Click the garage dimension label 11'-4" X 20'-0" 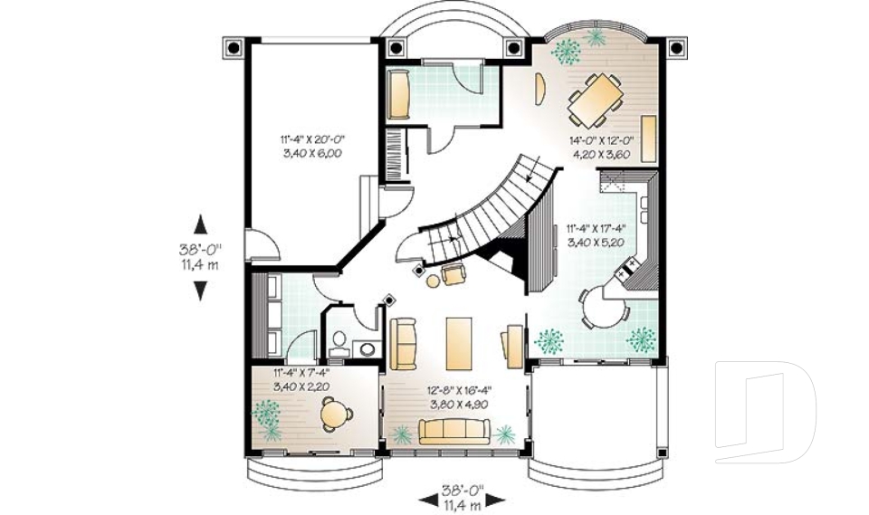(x=312, y=147)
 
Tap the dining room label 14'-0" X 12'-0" (x=600, y=147)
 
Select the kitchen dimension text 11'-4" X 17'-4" (x=597, y=235)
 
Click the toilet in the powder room (x=339, y=340)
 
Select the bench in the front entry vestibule (x=399, y=94)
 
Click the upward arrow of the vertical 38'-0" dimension (x=200, y=224)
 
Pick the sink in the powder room (x=367, y=347)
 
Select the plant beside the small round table (x=266, y=415)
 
